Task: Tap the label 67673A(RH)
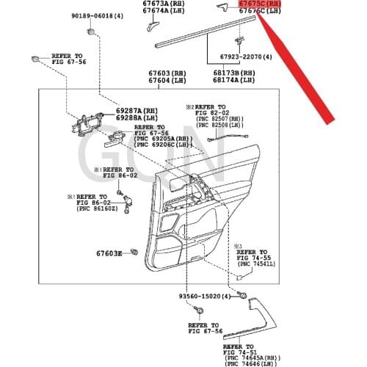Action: [164, 4]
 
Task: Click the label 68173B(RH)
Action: [234, 73]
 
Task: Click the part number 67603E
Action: [108, 253]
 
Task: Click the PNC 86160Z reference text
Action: [98, 209]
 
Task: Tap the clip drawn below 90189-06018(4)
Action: [90, 32]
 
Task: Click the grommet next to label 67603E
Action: [134, 253]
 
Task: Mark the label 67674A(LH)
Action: [164, 11]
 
